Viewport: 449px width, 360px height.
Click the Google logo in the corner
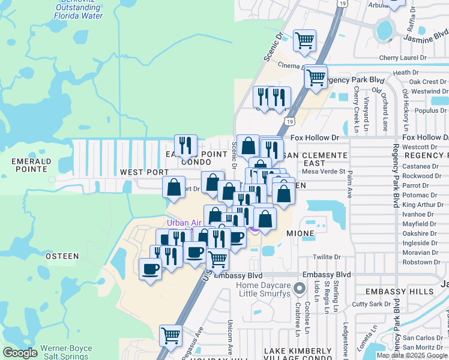click(20, 353)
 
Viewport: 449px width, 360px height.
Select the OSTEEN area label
click(62, 256)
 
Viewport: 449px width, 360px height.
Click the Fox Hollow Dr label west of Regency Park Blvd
click(315, 138)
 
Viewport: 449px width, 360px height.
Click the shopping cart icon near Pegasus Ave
click(171, 334)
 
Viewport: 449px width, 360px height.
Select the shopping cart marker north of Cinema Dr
click(304, 40)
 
